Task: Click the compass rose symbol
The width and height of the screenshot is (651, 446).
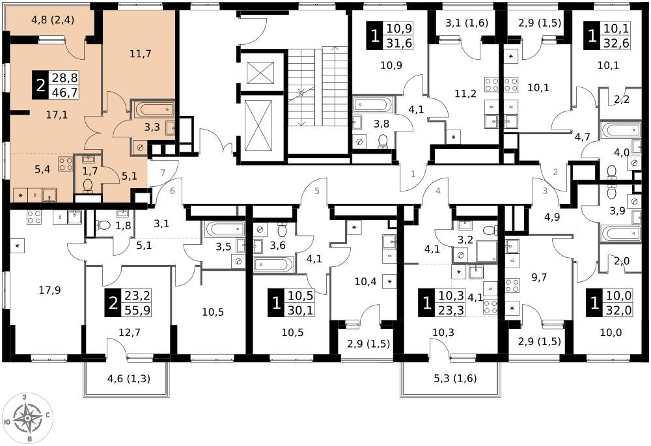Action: (27, 417)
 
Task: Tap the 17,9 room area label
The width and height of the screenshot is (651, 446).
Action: (50, 290)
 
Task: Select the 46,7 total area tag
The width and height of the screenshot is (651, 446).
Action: (64, 92)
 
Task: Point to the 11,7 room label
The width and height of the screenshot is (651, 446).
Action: (140, 53)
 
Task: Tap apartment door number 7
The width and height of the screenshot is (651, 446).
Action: (163, 173)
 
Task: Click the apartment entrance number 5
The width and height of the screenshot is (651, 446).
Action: (317, 191)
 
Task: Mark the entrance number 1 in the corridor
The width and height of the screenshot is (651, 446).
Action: (413, 174)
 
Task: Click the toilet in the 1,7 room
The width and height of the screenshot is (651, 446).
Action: (88, 186)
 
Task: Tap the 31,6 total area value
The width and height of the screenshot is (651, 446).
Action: (399, 43)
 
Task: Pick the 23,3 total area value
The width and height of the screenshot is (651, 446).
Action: (452, 310)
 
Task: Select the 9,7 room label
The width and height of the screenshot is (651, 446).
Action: (539, 277)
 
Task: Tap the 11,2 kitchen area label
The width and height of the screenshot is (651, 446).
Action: (465, 94)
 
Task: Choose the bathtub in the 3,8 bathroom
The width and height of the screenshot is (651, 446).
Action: (372, 104)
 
